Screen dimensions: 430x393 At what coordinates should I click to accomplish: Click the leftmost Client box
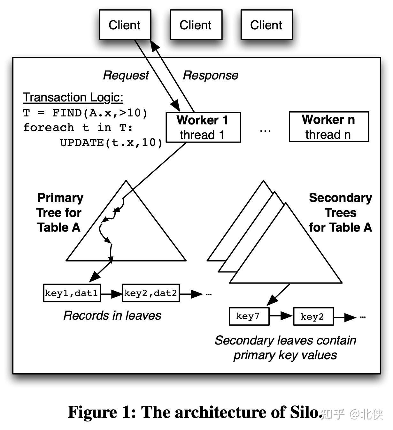125,25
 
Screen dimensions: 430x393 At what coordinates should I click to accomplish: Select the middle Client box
196,25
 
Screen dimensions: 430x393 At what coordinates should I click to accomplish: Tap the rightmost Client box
266,25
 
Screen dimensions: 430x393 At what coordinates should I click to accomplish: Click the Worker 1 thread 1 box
203,127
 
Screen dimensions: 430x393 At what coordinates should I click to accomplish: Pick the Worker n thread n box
329,127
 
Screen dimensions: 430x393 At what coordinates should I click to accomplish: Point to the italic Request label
126,75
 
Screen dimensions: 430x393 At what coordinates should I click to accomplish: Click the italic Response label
210,75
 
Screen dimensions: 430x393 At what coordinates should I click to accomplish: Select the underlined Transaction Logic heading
73,97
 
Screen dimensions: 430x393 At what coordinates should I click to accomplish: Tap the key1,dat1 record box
72,293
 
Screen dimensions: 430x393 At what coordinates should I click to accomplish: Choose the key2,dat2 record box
150,293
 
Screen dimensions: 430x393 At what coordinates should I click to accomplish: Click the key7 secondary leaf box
249,316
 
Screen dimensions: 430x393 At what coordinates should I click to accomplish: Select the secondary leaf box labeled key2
313,316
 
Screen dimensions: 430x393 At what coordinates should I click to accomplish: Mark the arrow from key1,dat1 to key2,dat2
112,293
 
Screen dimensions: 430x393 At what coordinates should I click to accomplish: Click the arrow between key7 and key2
281,316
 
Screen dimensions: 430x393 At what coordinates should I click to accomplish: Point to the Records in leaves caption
112,315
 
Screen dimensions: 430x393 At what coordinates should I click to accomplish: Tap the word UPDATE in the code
81,142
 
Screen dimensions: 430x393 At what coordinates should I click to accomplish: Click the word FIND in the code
67,113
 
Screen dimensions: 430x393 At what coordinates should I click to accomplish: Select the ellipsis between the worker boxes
265,130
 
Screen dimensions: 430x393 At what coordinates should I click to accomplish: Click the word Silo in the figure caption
305,412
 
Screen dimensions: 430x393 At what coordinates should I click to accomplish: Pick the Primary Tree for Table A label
59,212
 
